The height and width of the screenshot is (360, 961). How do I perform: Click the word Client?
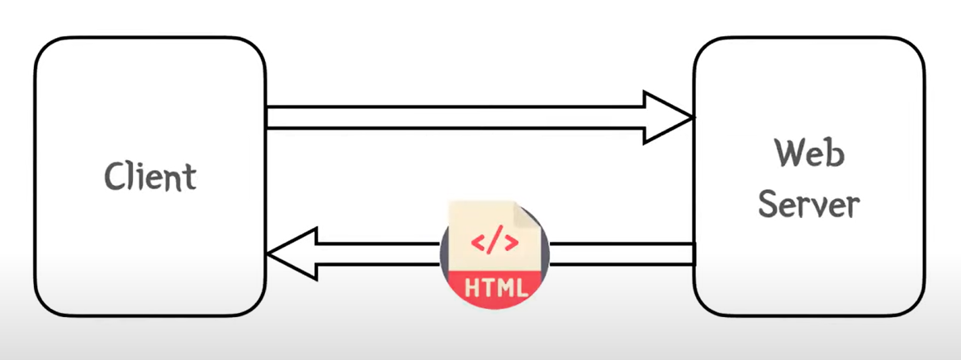pyautogui.click(x=151, y=176)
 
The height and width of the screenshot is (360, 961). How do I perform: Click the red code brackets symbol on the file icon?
pyautogui.click(x=495, y=243)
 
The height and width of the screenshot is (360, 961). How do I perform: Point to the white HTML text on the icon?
pyautogui.click(x=495, y=288)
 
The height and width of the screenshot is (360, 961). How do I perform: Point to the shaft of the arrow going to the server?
pyautogui.click(x=454, y=118)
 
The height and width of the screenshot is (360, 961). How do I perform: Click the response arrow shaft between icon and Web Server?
pyautogui.click(x=619, y=253)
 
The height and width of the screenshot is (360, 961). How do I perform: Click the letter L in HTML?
pyautogui.click(x=518, y=288)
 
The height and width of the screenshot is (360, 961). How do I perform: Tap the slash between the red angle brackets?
pyautogui.click(x=495, y=243)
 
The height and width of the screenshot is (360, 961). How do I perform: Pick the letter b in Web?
pyautogui.click(x=835, y=153)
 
